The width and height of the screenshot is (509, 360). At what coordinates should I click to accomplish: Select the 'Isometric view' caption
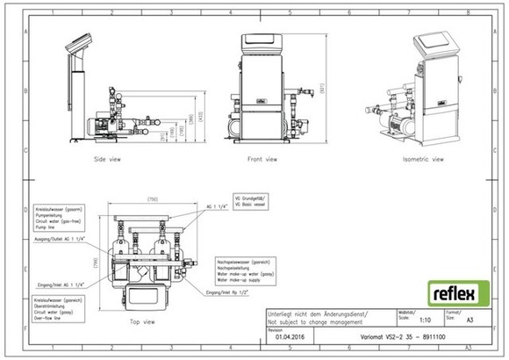(x=423, y=160)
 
